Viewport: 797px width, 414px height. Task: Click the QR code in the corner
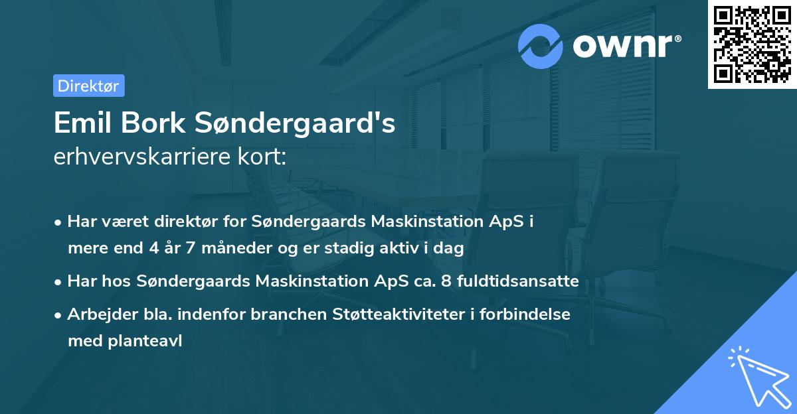[x=752, y=44]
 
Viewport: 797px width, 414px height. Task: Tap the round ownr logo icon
[x=541, y=46]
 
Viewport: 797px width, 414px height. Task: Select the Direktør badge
[x=88, y=86]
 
